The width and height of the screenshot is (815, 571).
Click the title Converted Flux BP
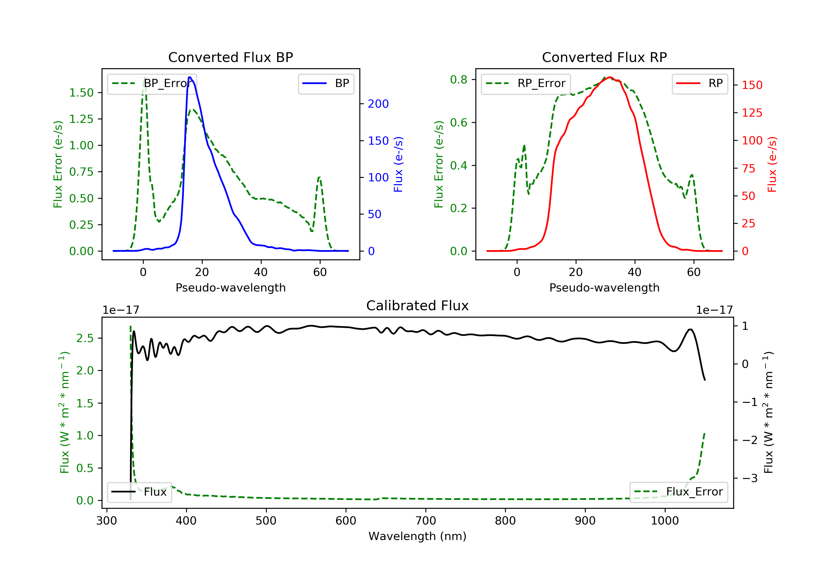[230, 57]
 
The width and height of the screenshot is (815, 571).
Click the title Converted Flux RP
[604, 57]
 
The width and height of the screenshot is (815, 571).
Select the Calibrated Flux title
[418, 306]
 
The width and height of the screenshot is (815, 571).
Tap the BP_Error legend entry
[152, 83]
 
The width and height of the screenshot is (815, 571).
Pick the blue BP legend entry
[326, 83]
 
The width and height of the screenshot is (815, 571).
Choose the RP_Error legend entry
[526, 83]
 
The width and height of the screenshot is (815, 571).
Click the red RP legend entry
[699, 83]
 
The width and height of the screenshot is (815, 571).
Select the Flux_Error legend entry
[678, 492]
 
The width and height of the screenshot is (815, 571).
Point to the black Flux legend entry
[139, 492]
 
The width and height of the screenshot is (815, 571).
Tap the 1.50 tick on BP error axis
[81, 93]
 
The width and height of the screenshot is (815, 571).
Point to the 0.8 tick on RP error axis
[459, 80]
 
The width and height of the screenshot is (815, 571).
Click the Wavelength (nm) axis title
[418, 536]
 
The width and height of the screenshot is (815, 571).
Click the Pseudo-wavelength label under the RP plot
[604, 287]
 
